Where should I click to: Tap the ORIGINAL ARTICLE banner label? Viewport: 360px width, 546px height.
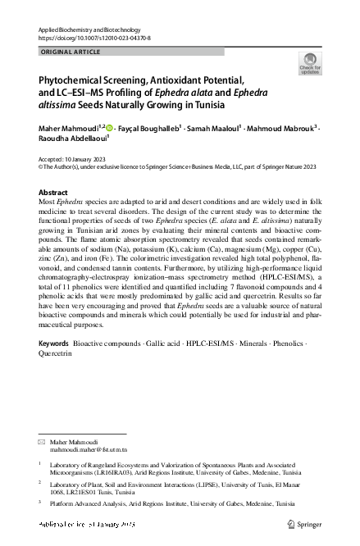pos(71,52)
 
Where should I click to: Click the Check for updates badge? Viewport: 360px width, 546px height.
pos(309,63)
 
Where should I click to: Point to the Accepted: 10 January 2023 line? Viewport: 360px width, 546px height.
pos(75,157)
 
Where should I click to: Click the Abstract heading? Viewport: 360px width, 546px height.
pos(54,191)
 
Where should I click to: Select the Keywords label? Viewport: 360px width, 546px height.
pos(54,342)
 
